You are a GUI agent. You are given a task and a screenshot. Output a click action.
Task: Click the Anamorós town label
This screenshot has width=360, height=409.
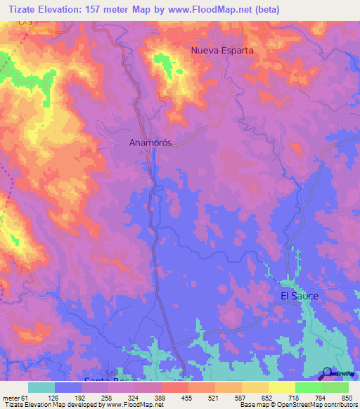pyautogui.click(x=150, y=142)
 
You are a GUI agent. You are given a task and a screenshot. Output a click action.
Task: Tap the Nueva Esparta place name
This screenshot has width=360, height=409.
pyautogui.click(x=222, y=51)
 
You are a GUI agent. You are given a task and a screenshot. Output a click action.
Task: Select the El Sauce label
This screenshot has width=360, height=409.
pyautogui.click(x=300, y=296)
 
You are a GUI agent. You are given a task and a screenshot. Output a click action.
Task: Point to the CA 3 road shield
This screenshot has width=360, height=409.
pyautogui.click(x=26, y=23)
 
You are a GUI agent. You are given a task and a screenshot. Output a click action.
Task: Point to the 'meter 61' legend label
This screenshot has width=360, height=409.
pyautogui.click(x=14, y=397)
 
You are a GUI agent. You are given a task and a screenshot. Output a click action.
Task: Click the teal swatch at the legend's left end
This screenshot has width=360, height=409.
pyautogui.click(x=41, y=387)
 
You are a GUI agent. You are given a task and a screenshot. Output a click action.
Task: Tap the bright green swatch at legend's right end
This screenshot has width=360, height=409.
pyautogui.click(x=335, y=387)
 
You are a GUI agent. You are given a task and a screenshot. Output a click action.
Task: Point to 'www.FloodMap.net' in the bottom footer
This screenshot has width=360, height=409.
pyautogui.click(x=136, y=405)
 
